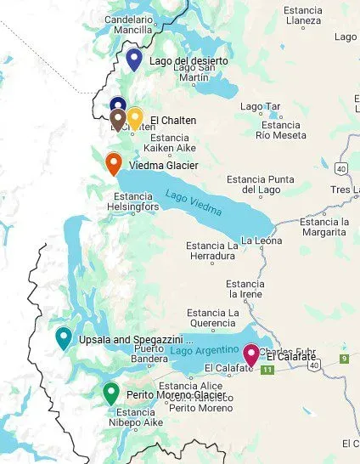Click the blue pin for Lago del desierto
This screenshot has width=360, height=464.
[x=133, y=59]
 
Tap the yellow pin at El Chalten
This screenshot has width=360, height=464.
[x=134, y=116]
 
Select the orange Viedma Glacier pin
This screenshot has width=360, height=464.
[x=113, y=161]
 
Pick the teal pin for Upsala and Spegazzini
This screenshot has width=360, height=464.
[x=63, y=337]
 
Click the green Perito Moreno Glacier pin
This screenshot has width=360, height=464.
[x=110, y=393]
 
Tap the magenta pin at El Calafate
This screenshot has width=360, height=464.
[x=251, y=354]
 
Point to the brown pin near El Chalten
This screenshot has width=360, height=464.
[x=118, y=118]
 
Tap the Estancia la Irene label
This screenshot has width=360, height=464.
[x=245, y=289]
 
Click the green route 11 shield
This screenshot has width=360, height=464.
[x=268, y=371]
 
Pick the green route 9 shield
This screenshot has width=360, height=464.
[x=345, y=359]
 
